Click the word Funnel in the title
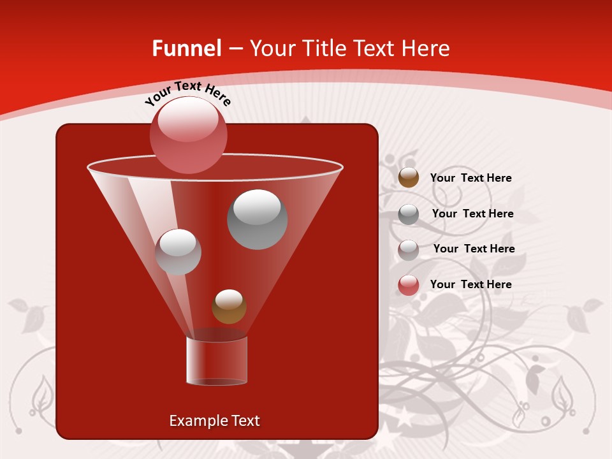pyautogui.click(x=187, y=48)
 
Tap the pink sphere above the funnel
pyautogui.click(x=188, y=135)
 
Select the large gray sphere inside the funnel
pyautogui.click(x=257, y=219)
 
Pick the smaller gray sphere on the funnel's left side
pyautogui.click(x=178, y=252)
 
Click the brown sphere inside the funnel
pyautogui.click(x=229, y=307)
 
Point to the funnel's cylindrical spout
pyautogui.click(x=216, y=361)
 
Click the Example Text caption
pyautogui.click(x=214, y=421)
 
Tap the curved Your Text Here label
pyautogui.click(x=187, y=93)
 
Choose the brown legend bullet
pyautogui.click(x=408, y=178)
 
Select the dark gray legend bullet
pyautogui.click(x=408, y=214)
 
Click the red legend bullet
pyautogui.click(x=408, y=285)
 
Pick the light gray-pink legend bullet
pyautogui.click(x=408, y=249)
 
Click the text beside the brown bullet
pyautogui.click(x=470, y=178)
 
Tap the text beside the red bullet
pyautogui.click(x=470, y=284)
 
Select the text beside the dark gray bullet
pyautogui.click(x=472, y=214)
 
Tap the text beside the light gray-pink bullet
pyautogui.click(x=474, y=249)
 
